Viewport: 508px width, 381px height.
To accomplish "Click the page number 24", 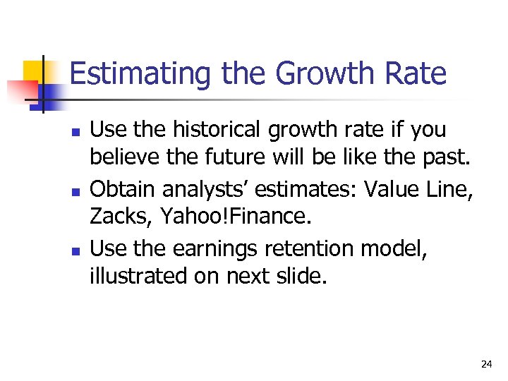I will coord(486,364).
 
